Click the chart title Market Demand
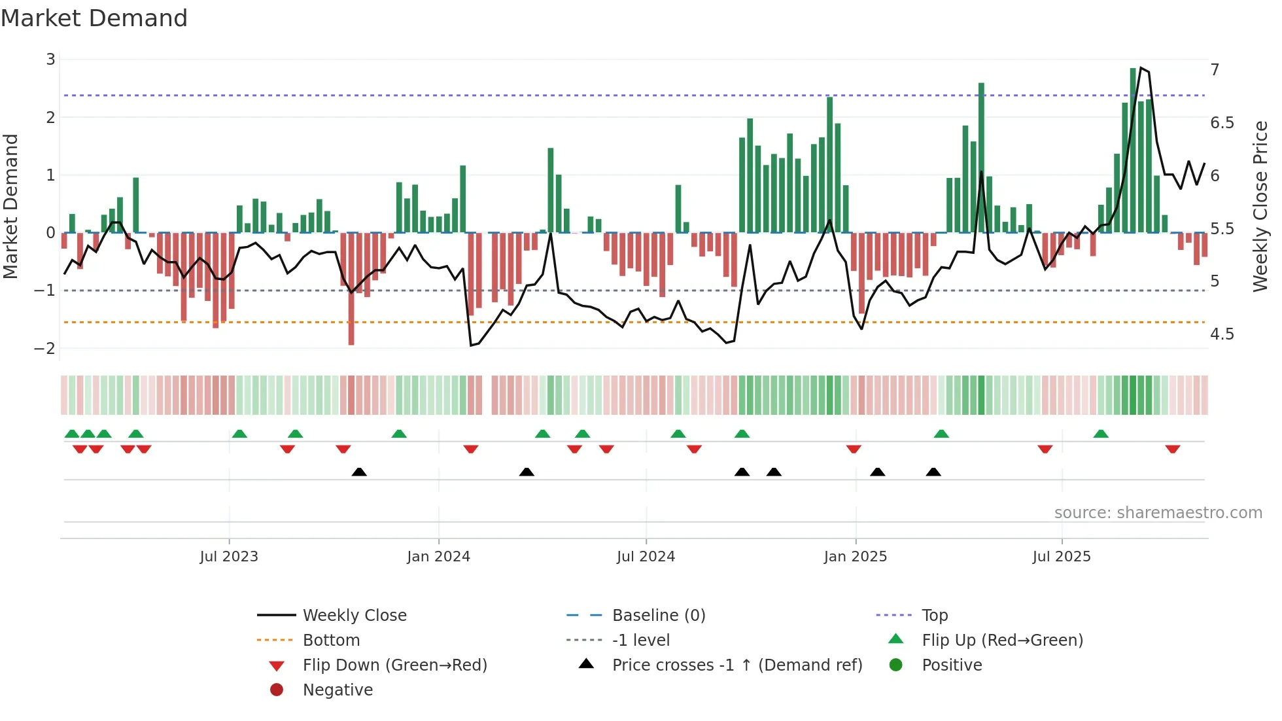pos(94,18)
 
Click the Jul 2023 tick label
pos(229,557)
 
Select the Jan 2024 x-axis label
pos(438,557)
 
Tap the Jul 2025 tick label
pos(1062,557)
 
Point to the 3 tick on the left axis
pos(50,60)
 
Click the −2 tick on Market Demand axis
pos(44,348)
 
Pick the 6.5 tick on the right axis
pos(1221,123)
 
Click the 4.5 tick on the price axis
pos(1221,334)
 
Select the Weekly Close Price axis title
pos(1260,205)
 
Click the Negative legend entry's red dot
pos(277,690)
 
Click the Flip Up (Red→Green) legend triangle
pos(896,639)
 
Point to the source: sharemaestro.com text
pos(1158,513)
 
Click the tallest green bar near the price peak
pos(1133,150)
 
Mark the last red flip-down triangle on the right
pos(1172,449)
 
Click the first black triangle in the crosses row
pos(359,472)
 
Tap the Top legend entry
pos(934,616)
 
